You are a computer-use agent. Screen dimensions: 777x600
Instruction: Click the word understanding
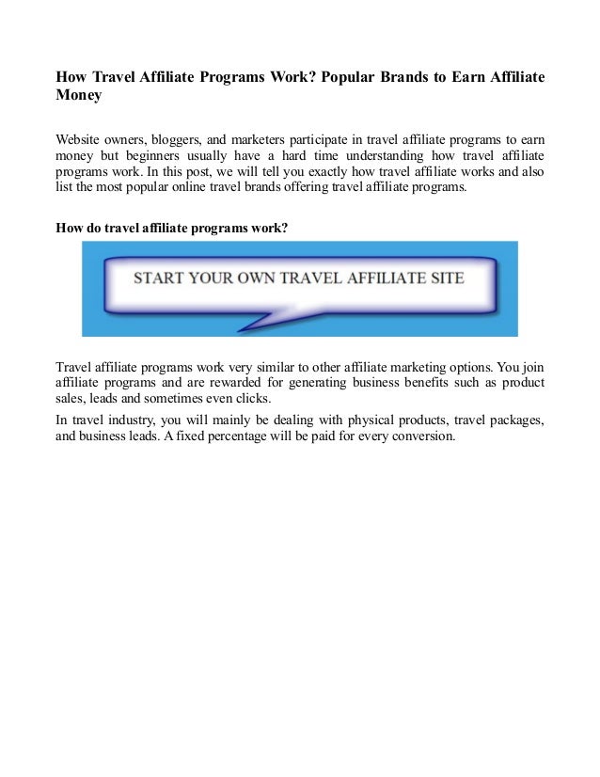pyautogui.click(x=378, y=154)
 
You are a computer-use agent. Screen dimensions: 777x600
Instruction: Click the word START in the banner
pyautogui.click(x=158, y=278)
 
